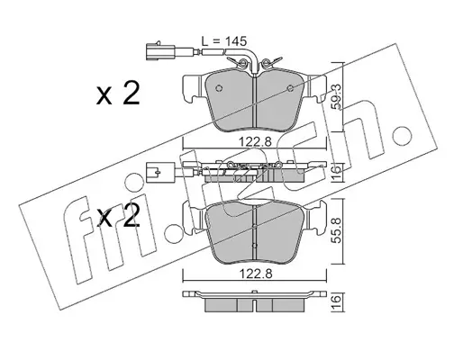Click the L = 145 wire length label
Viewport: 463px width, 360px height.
(x=223, y=41)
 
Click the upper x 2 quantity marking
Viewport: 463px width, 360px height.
(x=118, y=94)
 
